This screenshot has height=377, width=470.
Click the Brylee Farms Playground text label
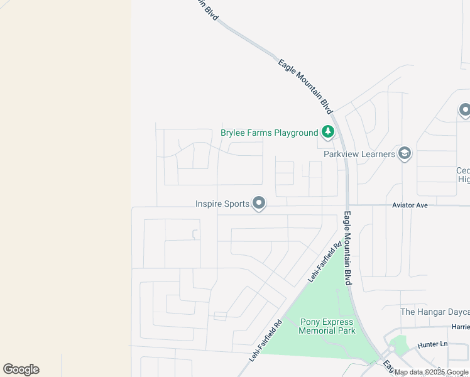pyautogui.click(x=270, y=133)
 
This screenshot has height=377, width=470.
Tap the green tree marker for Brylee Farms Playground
pyautogui.click(x=327, y=132)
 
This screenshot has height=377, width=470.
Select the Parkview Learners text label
pyautogui.click(x=359, y=154)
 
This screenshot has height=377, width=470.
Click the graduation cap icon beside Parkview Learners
pyautogui.click(x=405, y=153)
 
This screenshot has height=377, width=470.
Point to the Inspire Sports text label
pyautogui.click(x=222, y=204)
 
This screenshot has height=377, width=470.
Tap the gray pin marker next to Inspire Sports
pyautogui.click(x=259, y=203)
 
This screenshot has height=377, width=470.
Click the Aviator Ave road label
pyautogui.click(x=410, y=205)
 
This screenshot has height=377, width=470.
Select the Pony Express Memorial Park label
pyautogui.click(x=327, y=327)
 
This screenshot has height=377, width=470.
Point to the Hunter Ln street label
pyautogui.click(x=432, y=344)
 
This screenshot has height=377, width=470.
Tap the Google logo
pyautogui.click(x=21, y=369)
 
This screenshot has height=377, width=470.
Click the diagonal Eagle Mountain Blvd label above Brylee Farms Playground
pyautogui.click(x=304, y=82)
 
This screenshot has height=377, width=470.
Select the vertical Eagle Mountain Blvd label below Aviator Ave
pyautogui.click(x=347, y=249)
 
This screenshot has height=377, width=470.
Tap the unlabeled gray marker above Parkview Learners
pyautogui.click(x=464, y=111)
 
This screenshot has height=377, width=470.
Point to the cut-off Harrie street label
pyautogui.click(x=460, y=327)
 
